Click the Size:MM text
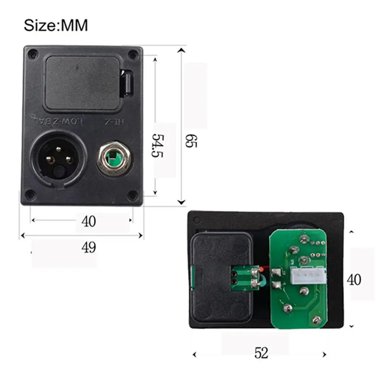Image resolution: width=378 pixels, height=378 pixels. [x=56, y=25]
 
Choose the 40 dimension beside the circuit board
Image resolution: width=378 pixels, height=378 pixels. [x=354, y=280]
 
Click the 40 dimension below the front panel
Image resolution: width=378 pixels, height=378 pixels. [x=88, y=221]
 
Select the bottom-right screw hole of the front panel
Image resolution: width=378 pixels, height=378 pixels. [x=131, y=195]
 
